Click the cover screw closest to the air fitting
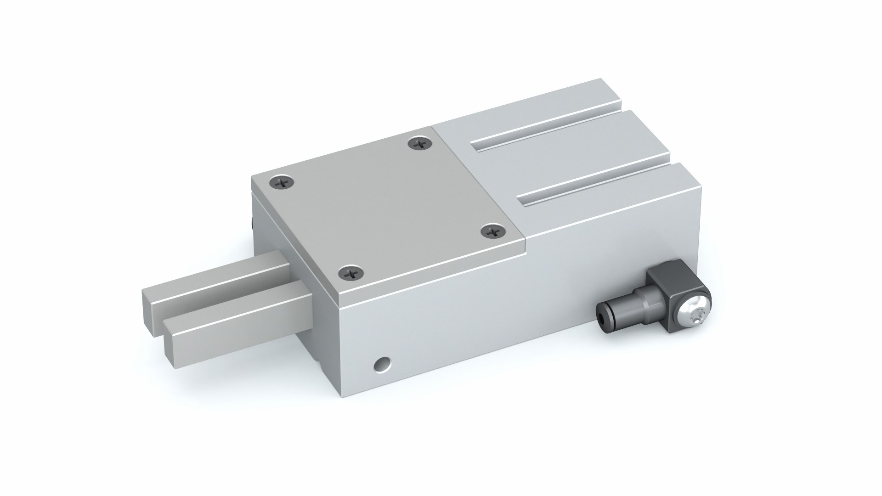point(494,231)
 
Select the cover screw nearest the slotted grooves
point(418,144)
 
